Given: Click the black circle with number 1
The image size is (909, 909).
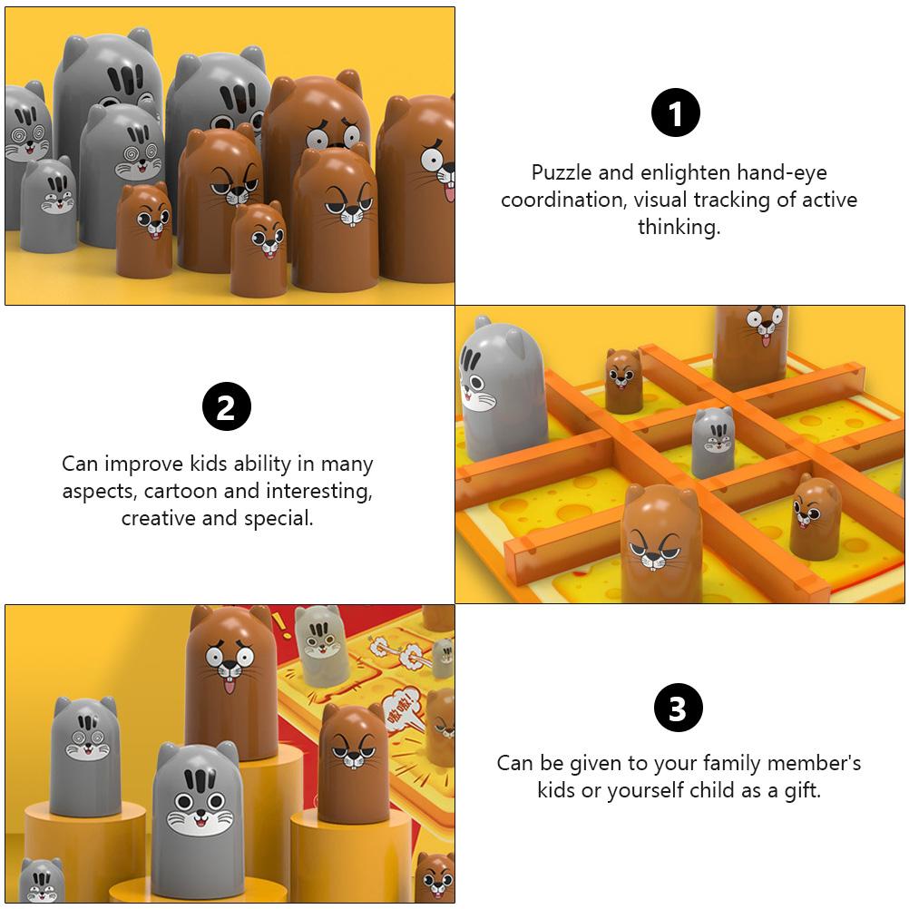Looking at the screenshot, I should click(x=676, y=113).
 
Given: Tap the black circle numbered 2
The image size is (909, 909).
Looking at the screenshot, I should click(x=226, y=407).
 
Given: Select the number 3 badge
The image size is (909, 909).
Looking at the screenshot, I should click(x=678, y=709).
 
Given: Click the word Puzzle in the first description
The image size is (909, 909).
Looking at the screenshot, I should click(x=561, y=172).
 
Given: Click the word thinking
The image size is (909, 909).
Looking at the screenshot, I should click(x=679, y=227).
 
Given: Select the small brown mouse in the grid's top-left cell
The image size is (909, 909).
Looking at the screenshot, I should click(x=624, y=380).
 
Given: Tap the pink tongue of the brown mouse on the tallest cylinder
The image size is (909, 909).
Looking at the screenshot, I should click(x=229, y=687).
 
